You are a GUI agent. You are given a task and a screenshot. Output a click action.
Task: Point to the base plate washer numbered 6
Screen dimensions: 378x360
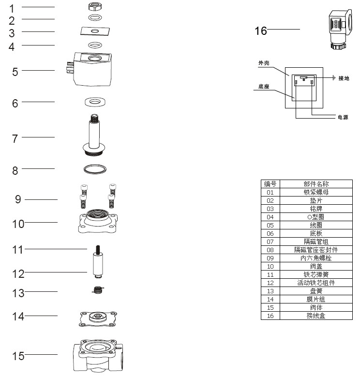95,102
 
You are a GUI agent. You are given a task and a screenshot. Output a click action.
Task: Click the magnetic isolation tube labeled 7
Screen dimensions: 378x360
94,136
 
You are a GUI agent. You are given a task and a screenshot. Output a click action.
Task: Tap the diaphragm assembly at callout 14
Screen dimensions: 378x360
98,317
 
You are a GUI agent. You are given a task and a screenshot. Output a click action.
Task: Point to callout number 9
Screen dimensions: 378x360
18,199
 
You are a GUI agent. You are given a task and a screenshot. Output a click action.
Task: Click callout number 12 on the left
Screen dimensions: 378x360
18,273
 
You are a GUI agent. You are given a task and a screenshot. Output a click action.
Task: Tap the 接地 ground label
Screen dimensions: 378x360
344,78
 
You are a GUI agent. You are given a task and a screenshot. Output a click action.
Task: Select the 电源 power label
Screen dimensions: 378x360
343,118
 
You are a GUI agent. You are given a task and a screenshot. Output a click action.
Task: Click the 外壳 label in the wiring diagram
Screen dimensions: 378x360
264,63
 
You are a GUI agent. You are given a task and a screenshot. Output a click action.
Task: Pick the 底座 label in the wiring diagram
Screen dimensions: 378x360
264,87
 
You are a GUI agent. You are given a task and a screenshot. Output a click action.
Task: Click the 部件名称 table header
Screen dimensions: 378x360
316,184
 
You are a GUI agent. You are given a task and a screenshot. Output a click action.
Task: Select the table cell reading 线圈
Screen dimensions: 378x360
316,225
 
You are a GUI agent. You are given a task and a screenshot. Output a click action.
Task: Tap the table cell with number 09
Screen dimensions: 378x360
270,258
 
